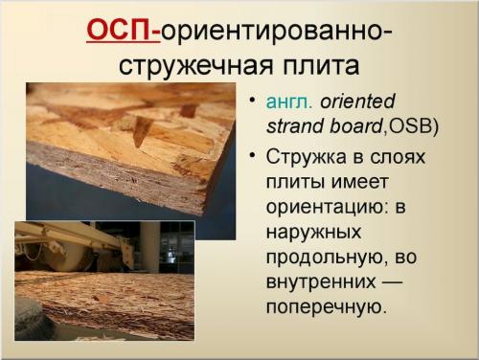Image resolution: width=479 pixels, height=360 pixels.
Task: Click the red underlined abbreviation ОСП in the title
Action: coord(121,30)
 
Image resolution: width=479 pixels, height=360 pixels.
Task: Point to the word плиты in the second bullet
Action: coord(296,182)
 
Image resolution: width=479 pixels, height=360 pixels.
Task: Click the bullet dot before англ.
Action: coord(252,101)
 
